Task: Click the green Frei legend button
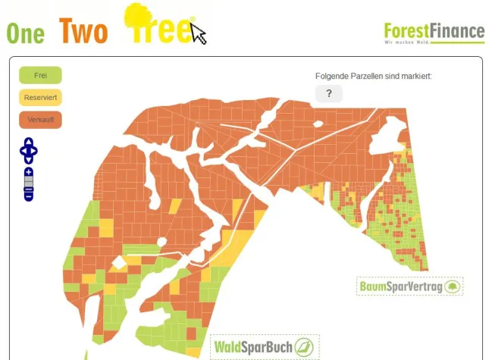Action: pos(40,75)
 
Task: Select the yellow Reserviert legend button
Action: pos(40,98)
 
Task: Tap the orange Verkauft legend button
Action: pos(40,120)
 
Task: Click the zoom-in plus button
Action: pos(29,173)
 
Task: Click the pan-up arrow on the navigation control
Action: pos(29,142)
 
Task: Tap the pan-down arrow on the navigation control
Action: pos(29,159)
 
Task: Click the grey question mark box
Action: pos(329,93)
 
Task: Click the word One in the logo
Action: pos(25,32)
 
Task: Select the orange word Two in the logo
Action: pos(83,30)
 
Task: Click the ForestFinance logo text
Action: pos(434,31)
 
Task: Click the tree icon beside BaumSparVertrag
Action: pos(452,286)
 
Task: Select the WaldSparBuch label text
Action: pos(253,347)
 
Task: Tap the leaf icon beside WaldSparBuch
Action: pos(305,347)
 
